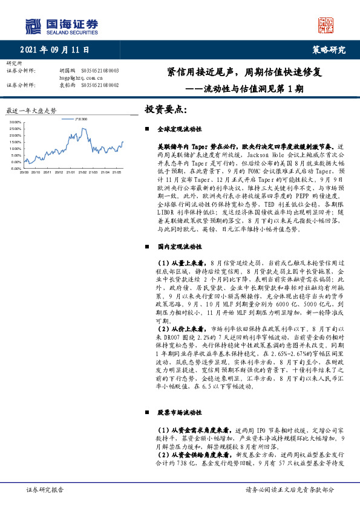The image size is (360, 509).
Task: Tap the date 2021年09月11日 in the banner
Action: click(x=58, y=51)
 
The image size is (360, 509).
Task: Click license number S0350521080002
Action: click(x=100, y=85)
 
